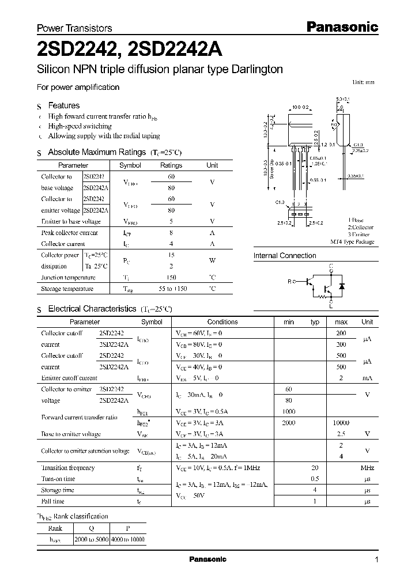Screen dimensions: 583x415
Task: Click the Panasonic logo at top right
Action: coord(341,26)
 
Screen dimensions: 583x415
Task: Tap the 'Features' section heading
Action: coord(63,105)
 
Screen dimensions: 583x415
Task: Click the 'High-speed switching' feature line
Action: coord(80,126)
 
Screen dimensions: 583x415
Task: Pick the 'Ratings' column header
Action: coord(171,165)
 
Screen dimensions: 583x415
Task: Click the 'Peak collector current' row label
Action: coord(69,233)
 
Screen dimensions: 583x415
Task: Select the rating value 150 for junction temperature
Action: coord(171,277)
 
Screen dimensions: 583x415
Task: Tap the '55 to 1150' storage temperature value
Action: coord(171,289)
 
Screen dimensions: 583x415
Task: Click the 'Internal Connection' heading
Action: coord(285,256)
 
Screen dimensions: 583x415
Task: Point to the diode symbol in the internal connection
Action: coord(341,286)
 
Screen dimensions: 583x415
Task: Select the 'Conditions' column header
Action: coord(222,322)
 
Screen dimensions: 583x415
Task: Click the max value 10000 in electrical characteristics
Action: coord(341,423)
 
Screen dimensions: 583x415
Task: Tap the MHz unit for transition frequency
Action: coord(367,468)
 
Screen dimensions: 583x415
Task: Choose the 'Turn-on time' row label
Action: coord(58,479)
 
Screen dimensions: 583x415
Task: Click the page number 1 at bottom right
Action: coord(376,560)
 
